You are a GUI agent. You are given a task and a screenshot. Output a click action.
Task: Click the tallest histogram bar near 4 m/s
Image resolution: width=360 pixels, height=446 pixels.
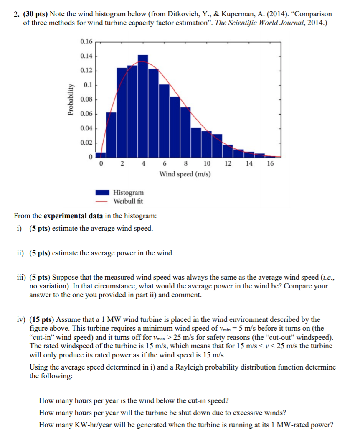[x=143, y=104]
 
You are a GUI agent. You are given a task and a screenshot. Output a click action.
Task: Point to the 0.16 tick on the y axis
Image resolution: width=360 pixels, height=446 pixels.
[x=86, y=41]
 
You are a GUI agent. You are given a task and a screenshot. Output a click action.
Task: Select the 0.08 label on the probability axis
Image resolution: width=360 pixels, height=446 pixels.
[x=86, y=99]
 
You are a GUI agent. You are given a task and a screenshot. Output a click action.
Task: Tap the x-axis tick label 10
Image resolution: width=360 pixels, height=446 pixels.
[x=207, y=163]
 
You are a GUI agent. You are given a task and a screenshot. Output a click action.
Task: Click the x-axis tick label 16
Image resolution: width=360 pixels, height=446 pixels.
[x=270, y=163]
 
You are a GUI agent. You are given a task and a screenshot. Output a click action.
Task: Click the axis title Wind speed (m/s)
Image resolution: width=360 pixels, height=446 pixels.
[x=185, y=173]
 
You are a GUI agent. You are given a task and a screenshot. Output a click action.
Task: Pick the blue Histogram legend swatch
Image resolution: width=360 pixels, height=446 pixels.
[x=102, y=193]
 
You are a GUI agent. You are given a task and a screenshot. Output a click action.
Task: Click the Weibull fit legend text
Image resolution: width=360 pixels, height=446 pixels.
[x=128, y=201]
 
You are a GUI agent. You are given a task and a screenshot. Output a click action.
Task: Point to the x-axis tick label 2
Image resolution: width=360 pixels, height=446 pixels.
[x=122, y=163]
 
